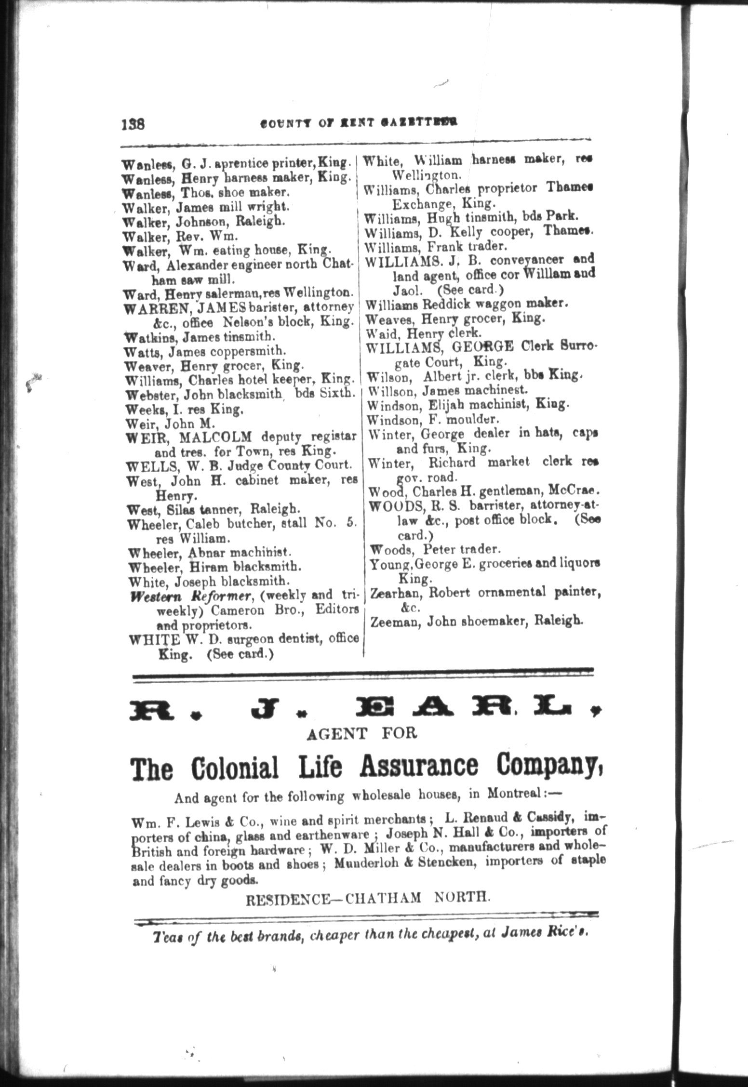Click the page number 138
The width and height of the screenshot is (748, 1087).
[x=133, y=124]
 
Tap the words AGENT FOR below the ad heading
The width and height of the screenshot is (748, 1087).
[x=361, y=734]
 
